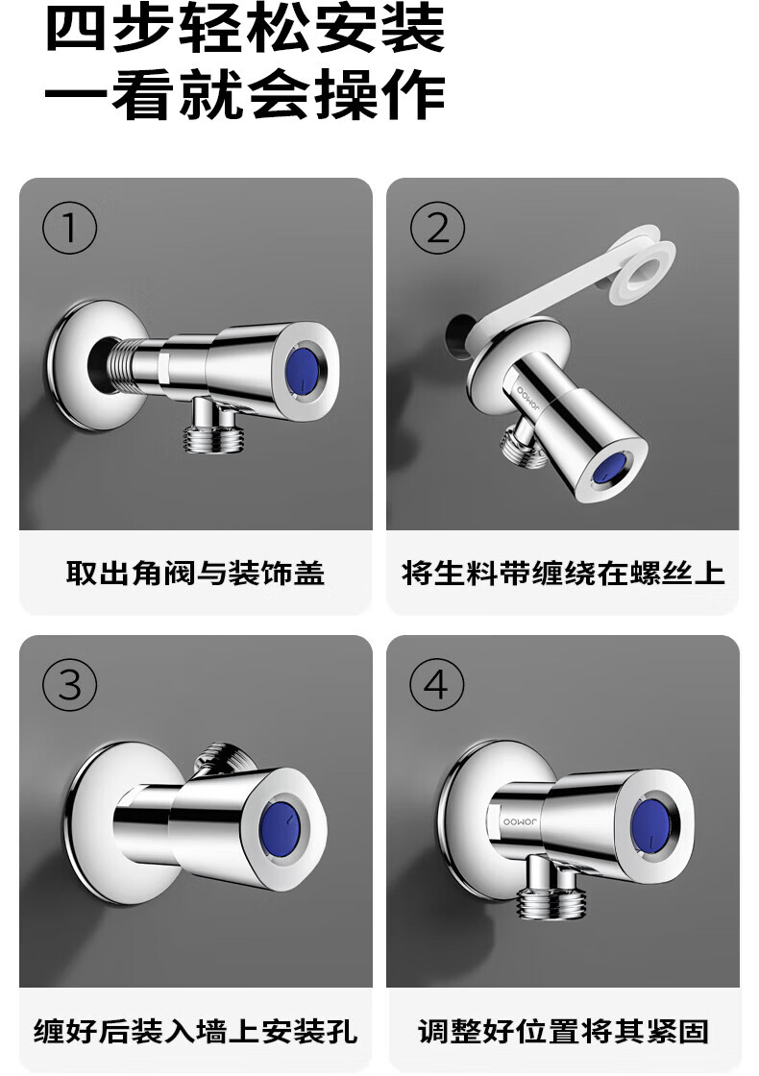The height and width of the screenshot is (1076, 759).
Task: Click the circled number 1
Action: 69,228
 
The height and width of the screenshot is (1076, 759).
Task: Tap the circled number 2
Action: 437,228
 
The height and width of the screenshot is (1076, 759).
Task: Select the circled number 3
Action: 69,685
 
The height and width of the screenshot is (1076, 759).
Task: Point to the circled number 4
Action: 437,685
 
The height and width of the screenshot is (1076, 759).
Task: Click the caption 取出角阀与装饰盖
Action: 196,573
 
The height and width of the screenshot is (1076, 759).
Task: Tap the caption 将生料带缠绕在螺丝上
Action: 563,573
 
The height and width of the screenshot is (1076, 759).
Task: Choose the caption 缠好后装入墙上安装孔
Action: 196,1031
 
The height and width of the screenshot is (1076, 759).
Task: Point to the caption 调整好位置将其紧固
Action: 563,1031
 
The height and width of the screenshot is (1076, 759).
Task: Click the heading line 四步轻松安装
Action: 244,28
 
